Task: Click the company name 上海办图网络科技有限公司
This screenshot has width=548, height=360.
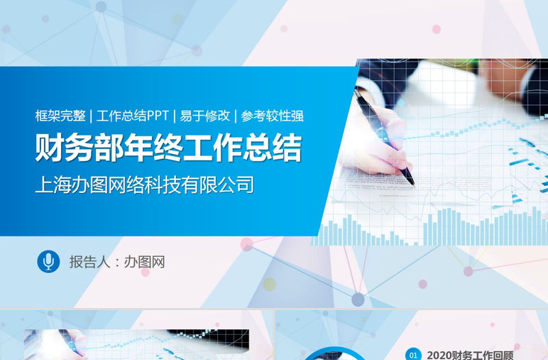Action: (x=145, y=185)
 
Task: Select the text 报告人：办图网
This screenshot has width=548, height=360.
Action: (x=116, y=262)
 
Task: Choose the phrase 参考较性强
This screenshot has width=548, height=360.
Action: (x=273, y=116)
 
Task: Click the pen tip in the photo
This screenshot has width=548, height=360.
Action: (x=412, y=182)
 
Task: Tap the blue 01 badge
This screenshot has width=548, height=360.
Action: (x=412, y=355)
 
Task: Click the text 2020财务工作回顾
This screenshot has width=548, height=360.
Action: (x=470, y=355)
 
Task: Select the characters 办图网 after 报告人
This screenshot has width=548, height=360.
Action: (x=144, y=262)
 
